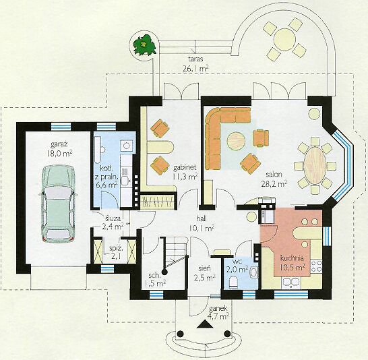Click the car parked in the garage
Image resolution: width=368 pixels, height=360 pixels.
click(x=57, y=204)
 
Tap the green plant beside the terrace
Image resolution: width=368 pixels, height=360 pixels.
click(x=144, y=44)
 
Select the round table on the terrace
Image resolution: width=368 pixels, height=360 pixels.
click(x=284, y=40)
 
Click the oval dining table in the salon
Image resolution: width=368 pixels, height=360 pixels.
click(x=315, y=166)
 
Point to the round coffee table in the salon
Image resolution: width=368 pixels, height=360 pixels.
click(x=236, y=141)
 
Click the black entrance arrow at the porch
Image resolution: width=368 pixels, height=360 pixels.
click(x=205, y=324)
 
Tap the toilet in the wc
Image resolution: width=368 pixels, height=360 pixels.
click(x=233, y=282)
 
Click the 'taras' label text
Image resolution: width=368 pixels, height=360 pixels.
click(x=195, y=59)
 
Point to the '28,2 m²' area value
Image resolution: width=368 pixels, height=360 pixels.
click(x=274, y=183)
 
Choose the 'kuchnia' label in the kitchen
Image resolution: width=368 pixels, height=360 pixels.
click(x=292, y=258)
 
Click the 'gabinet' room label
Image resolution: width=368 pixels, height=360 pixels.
click(x=185, y=167)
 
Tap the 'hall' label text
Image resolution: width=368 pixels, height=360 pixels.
click(x=202, y=218)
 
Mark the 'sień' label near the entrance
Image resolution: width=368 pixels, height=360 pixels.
click(x=204, y=268)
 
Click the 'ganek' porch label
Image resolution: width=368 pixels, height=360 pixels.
click(x=218, y=308)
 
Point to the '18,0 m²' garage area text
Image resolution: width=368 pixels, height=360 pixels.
click(x=59, y=154)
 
